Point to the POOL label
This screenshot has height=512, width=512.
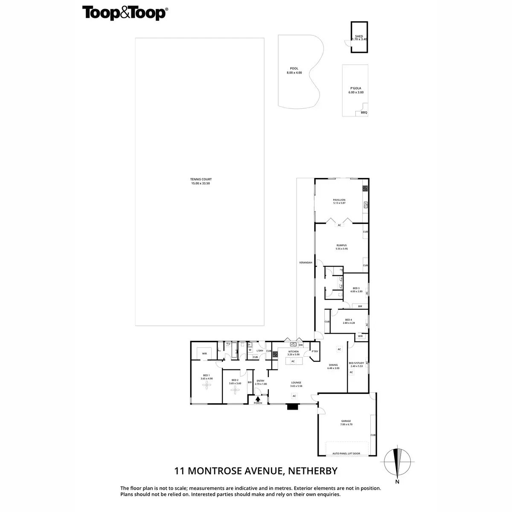[x=294, y=68]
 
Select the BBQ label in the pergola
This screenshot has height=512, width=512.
[x=364, y=113]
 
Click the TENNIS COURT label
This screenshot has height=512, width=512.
[x=201, y=180]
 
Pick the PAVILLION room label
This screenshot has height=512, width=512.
[x=339, y=200]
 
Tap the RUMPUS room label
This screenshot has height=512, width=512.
[x=341, y=245]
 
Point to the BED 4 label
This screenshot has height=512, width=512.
[x=349, y=320]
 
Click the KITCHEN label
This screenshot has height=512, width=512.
[x=293, y=352]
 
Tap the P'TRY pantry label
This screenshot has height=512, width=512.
[x=315, y=352]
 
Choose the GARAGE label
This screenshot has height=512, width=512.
[x=346, y=421]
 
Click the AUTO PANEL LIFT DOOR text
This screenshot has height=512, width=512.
[x=346, y=454]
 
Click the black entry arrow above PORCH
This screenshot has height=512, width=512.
[x=258, y=398]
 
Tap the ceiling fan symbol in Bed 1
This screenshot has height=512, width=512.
[x=207, y=385]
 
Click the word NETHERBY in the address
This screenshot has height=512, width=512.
[x=313, y=471]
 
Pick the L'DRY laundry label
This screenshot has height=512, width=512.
[x=259, y=351]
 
